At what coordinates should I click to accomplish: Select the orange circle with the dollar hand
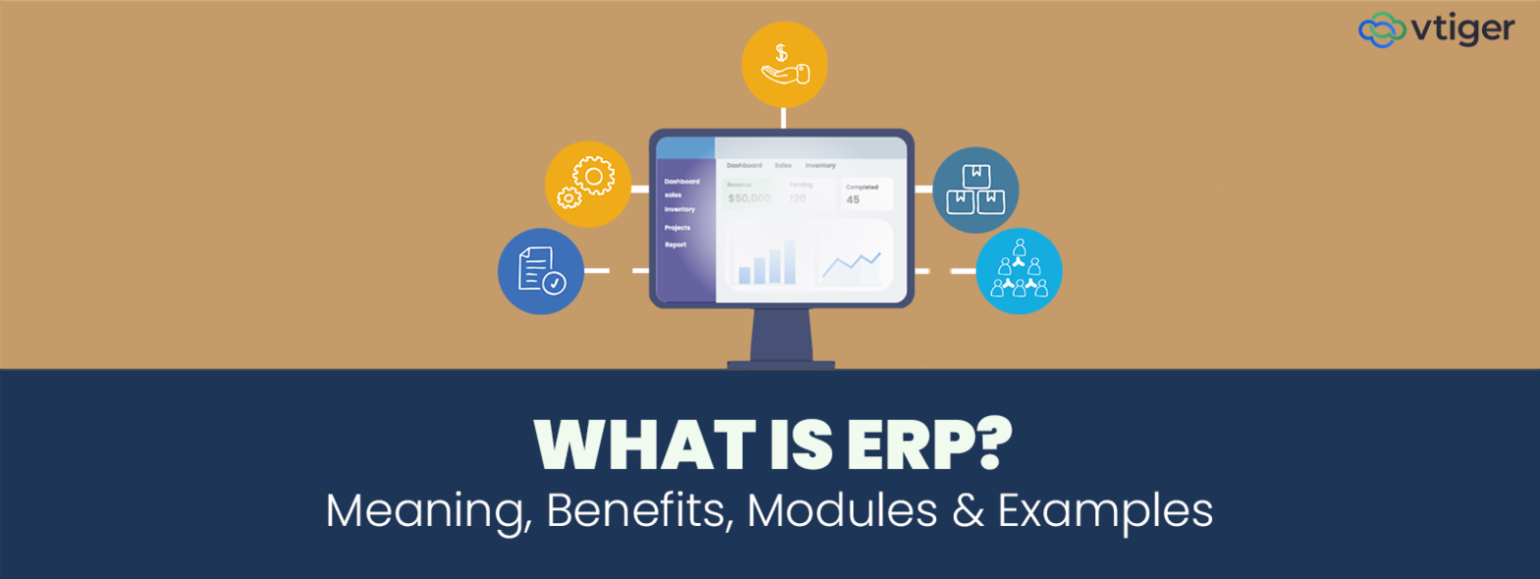pyautogui.click(x=784, y=63)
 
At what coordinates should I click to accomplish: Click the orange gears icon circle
pyautogui.click(x=587, y=184)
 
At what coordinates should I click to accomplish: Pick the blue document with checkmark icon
pyautogui.click(x=540, y=271)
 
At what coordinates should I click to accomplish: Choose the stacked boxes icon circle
pyautogui.click(x=975, y=190)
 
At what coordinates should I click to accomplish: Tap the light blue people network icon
pyautogui.click(x=1018, y=271)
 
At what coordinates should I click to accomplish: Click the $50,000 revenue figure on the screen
pyautogui.click(x=749, y=199)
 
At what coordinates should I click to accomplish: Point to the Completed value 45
pyautogui.click(x=852, y=200)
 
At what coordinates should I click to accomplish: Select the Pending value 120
pyautogui.click(x=797, y=199)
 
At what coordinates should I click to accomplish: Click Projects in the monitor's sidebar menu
pyautogui.click(x=677, y=227)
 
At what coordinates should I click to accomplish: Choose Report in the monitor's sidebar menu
pyautogui.click(x=675, y=244)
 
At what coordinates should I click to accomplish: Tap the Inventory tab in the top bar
pyautogui.click(x=820, y=165)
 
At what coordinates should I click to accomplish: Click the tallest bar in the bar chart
pyautogui.click(x=791, y=260)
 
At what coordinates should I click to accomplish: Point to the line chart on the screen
pyautogui.click(x=852, y=262)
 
